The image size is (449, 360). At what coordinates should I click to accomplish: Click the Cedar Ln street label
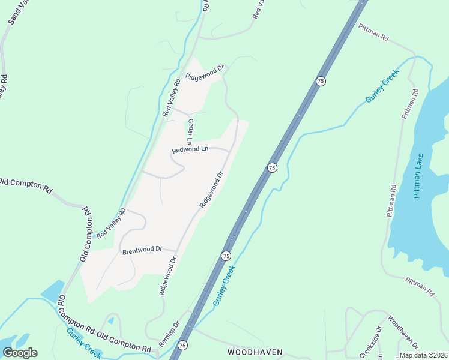pyautogui.click(x=190, y=131)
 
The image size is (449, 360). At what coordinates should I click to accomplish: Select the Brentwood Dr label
pyautogui.click(x=142, y=250)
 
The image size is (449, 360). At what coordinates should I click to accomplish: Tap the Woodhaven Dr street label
pyautogui.click(x=403, y=331)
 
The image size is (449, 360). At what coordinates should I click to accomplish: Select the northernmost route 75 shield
pyautogui.click(x=321, y=81)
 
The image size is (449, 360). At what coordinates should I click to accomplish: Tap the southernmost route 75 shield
pyautogui.click(x=182, y=345)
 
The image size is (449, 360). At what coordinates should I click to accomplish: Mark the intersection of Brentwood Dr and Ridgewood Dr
pyautogui.click(x=176, y=251)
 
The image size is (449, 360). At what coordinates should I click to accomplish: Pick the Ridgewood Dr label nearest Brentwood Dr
pyautogui.click(x=167, y=277)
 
